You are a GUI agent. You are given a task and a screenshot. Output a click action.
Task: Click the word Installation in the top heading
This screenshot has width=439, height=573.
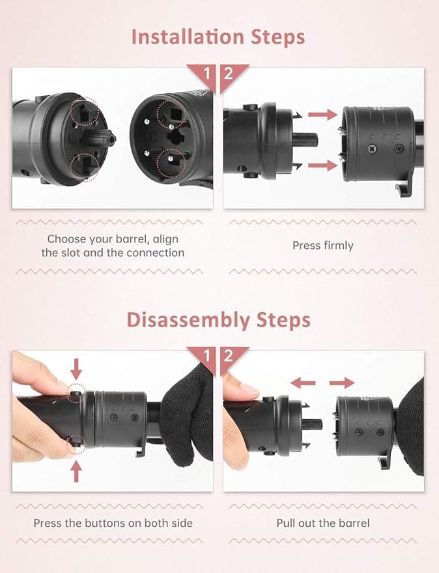[188, 37]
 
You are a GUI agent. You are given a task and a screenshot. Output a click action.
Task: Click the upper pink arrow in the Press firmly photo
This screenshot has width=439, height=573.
[323, 114]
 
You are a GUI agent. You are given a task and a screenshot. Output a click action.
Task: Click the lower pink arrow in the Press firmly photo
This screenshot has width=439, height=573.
[323, 165]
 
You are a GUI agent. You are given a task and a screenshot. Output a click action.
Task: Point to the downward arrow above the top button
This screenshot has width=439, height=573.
[76, 369]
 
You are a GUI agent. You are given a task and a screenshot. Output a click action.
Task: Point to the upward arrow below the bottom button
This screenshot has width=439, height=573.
[76, 471]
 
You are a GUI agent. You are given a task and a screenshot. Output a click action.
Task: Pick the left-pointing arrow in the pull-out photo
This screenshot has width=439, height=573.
[303, 383]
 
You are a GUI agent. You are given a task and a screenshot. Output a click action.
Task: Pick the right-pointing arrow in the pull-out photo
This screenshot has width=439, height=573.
[342, 383]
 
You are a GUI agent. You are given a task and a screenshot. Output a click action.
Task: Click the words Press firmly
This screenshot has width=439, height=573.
[323, 246]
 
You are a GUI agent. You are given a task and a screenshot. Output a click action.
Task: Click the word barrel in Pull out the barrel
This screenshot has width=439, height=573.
[354, 523]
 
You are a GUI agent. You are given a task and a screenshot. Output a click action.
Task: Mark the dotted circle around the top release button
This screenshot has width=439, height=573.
[76, 394]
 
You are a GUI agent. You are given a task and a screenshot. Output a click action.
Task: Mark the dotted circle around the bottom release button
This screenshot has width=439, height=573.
[76, 445]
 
